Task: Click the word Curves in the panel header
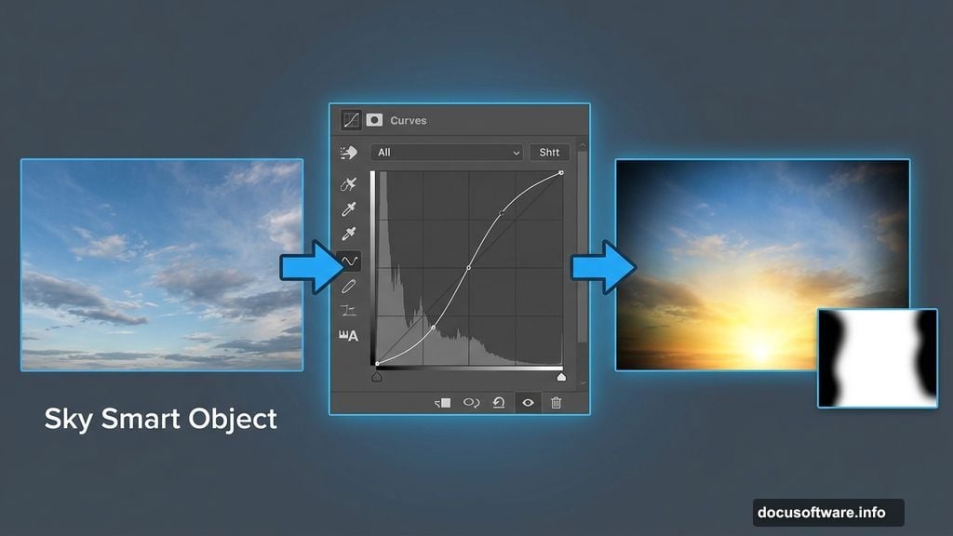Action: [x=408, y=120]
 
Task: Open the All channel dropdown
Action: [x=447, y=152]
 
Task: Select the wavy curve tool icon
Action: [x=349, y=261]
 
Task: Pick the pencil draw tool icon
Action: [x=348, y=286]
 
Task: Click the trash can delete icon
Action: [x=556, y=402]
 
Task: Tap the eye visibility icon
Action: [x=528, y=402]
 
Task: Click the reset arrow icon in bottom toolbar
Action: [x=499, y=402]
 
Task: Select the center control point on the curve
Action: [x=469, y=267]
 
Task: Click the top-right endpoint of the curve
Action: [x=561, y=173]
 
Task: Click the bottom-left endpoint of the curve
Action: [x=377, y=364]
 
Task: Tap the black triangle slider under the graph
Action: [x=377, y=377]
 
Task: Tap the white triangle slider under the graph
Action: [x=561, y=377]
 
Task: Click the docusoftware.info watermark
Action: [x=822, y=513]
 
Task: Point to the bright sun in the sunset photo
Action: [x=760, y=349]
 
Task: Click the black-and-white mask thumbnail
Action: [x=878, y=358]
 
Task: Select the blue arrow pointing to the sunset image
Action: [x=603, y=267]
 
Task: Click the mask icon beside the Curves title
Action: [x=374, y=120]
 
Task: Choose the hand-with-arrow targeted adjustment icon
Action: [x=349, y=153]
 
